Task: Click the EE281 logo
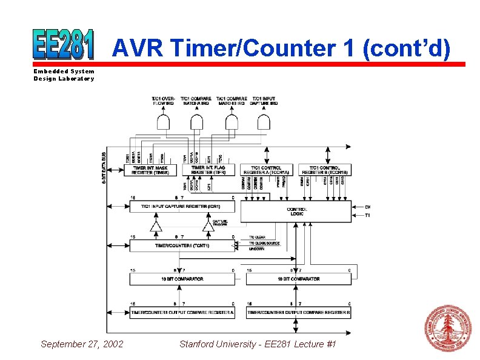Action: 64,44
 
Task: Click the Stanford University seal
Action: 447,328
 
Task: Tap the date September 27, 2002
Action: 82,344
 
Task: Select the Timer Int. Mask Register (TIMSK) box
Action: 150,170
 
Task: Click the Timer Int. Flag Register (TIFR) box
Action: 208,170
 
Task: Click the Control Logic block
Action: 296,211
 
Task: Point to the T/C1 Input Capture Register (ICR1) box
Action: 182,207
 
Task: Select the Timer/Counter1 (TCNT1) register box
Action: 182,245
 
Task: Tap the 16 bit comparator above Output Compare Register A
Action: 182,279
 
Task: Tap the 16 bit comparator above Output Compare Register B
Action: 299,279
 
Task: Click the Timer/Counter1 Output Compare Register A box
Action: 182,312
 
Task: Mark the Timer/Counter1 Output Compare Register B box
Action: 299,312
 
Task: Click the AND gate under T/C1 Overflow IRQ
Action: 164,123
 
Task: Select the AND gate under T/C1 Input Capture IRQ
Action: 264,123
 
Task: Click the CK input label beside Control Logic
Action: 367,206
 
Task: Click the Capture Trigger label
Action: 220,224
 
